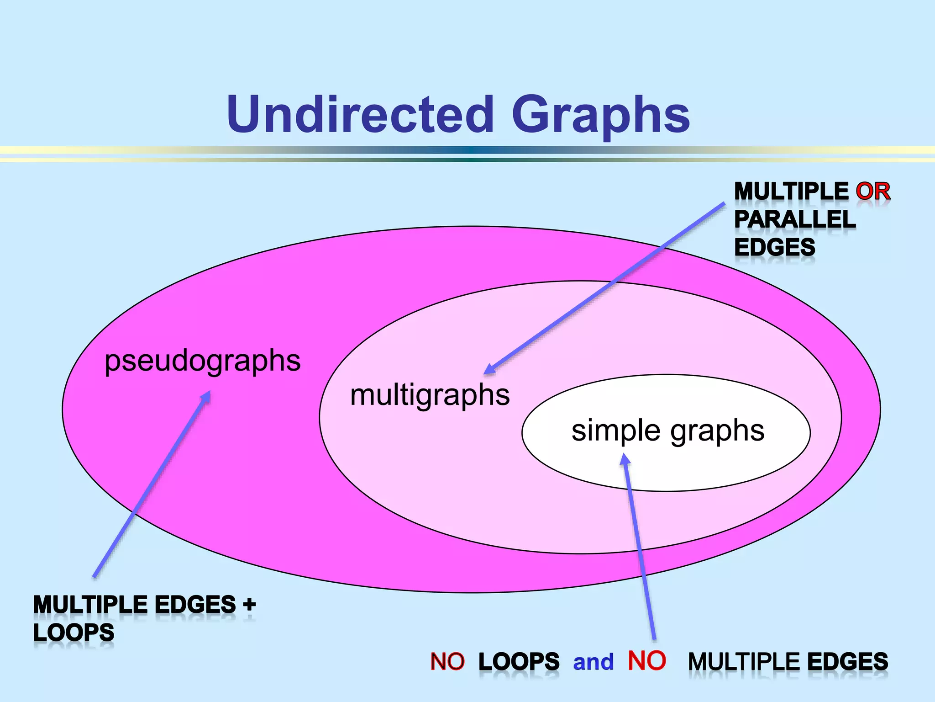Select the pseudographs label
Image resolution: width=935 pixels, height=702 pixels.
click(203, 361)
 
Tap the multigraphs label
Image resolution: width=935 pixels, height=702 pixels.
click(430, 395)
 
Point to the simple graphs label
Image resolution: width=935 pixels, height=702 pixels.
click(668, 431)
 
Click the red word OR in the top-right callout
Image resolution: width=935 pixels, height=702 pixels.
click(873, 191)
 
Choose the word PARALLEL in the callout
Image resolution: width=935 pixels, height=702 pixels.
click(795, 220)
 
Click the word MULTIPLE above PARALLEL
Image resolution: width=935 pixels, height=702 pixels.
click(791, 191)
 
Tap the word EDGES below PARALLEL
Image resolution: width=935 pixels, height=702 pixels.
click(775, 248)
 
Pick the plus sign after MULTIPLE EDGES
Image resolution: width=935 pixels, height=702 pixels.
click(249, 605)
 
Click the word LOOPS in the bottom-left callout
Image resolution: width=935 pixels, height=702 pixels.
click(74, 633)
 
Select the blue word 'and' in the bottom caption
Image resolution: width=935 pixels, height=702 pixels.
click(594, 662)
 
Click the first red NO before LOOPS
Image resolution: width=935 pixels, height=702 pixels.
click(447, 662)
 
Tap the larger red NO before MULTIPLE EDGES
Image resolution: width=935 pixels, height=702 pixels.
click(647, 661)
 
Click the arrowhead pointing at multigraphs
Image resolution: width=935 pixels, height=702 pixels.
click(489, 369)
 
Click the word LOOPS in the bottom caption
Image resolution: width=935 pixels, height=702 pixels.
click(519, 662)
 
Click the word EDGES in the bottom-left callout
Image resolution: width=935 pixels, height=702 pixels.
click(195, 605)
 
